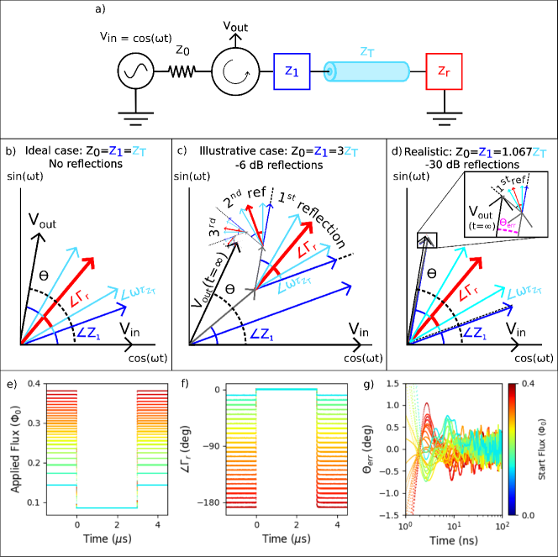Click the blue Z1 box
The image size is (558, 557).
click(x=292, y=73)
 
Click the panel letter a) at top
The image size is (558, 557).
click(x=101, y=9)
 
